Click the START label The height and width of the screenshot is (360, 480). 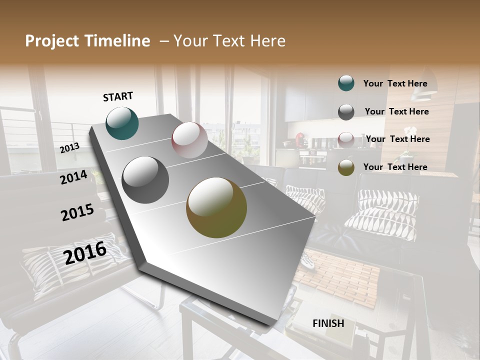click(118, 96)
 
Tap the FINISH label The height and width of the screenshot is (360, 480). click(328, 323)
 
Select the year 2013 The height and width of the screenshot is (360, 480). click(69, 147)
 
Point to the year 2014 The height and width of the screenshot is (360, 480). click(73, 177)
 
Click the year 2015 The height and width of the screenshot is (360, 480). click(77, 212)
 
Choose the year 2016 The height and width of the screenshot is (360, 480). click(85, 252)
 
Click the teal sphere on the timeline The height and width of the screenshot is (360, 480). click(122, 123)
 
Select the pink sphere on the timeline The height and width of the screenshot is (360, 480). click(189, 140)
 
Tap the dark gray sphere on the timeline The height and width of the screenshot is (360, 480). click(145, 180)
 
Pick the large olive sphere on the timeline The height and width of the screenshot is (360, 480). click(216, 207)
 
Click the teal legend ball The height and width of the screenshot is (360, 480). click(346, 83)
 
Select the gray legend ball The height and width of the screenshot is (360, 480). click(346, 112)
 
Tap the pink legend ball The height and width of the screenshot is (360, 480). click(346, 139)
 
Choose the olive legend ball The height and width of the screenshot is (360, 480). click(346, 167)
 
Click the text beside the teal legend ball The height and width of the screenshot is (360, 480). click(395, 83)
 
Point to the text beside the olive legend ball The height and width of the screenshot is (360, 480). click(395, 167)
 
